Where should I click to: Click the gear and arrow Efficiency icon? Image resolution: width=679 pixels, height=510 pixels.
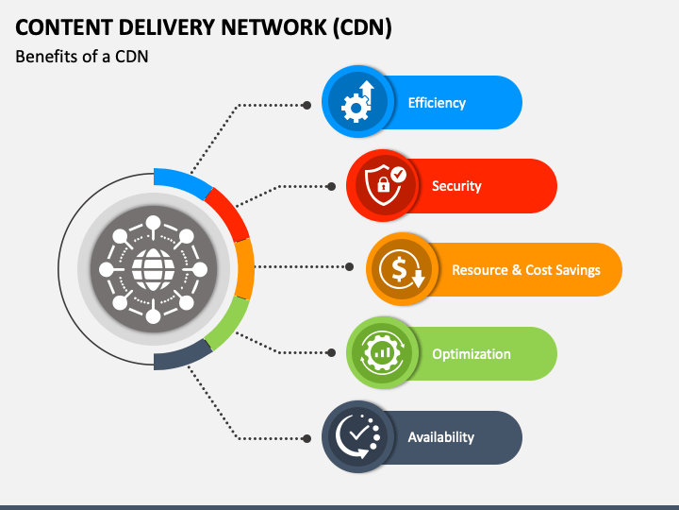(x=357, y=101)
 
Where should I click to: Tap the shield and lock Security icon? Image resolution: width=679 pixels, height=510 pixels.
(x=385, y=185)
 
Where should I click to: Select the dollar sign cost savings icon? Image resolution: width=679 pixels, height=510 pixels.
(x=402, y=269)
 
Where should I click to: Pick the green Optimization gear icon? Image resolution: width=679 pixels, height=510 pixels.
(x=382, y=352)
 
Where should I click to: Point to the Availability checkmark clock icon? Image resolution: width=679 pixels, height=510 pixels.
(x=357, y=436)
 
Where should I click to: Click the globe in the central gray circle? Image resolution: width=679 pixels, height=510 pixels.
(x=153, y=269)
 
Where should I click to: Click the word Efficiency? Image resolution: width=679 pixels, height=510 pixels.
(x=437, y=103)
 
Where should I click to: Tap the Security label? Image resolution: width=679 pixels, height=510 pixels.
(x=456, y=186)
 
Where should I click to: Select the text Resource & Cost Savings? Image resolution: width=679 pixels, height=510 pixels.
(x=526, y=270)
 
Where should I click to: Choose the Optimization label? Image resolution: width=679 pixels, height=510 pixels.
(x=472, y=354)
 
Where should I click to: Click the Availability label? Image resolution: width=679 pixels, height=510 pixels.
(x=440, y=437)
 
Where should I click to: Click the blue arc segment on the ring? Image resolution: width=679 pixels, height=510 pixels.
(x=184, y=181)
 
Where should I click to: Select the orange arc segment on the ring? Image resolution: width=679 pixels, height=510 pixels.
(x=245, y=269)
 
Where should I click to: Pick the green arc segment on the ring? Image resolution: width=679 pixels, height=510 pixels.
(x=228, y=324)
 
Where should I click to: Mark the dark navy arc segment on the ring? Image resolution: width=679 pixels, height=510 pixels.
(x=182, y=356)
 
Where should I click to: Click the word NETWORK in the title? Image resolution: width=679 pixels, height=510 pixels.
(x=273, y=27)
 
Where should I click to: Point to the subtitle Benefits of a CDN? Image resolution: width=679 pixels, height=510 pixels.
(x=82, y=57)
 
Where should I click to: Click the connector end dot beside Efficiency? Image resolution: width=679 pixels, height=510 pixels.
(x=306, y=105)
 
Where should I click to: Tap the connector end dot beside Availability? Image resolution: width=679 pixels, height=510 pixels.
(x=306, y=439)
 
